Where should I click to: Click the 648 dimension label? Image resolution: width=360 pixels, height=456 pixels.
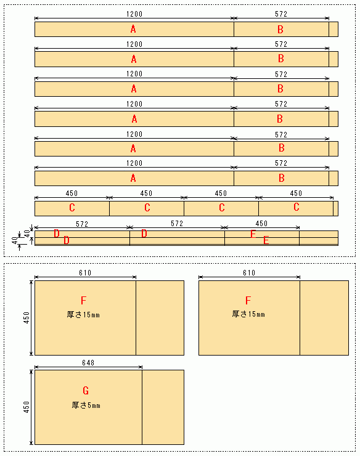coord(88,363)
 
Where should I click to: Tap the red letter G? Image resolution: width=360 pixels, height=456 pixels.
coord(86,391)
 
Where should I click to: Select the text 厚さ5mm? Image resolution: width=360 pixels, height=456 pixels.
coord(86,405)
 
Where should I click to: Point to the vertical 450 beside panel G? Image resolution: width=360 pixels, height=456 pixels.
coord(27,407)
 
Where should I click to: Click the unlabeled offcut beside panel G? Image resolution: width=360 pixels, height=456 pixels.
coord(163,407)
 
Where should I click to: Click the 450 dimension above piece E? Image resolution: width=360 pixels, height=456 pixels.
coord(261,223)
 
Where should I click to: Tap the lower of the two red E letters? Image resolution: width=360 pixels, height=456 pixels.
coord(266,240)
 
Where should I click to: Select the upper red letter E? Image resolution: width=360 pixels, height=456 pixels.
coord(253,234)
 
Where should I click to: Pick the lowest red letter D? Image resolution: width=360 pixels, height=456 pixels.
coord(67,240)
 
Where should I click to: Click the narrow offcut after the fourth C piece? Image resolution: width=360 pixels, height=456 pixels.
coord(335,208)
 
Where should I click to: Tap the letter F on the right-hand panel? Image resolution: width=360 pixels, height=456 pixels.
coord(248,301)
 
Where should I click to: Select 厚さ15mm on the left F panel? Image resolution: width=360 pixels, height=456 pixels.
coord(83,314)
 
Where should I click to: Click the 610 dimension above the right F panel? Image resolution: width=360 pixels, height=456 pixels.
coord(249,273)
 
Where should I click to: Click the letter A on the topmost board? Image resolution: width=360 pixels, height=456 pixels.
coord(133,29)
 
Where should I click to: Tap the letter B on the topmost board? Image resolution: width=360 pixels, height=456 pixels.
coord(280,30)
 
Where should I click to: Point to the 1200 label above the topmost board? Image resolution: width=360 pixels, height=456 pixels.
coord(134,14)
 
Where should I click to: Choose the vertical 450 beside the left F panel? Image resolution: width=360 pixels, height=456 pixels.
coord(27,318)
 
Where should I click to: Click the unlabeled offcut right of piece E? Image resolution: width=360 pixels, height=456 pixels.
coord(319,238)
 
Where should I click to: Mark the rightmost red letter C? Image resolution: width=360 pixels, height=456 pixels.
coord(297,207)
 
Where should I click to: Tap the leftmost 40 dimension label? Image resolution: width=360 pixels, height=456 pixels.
coord(15,240)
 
